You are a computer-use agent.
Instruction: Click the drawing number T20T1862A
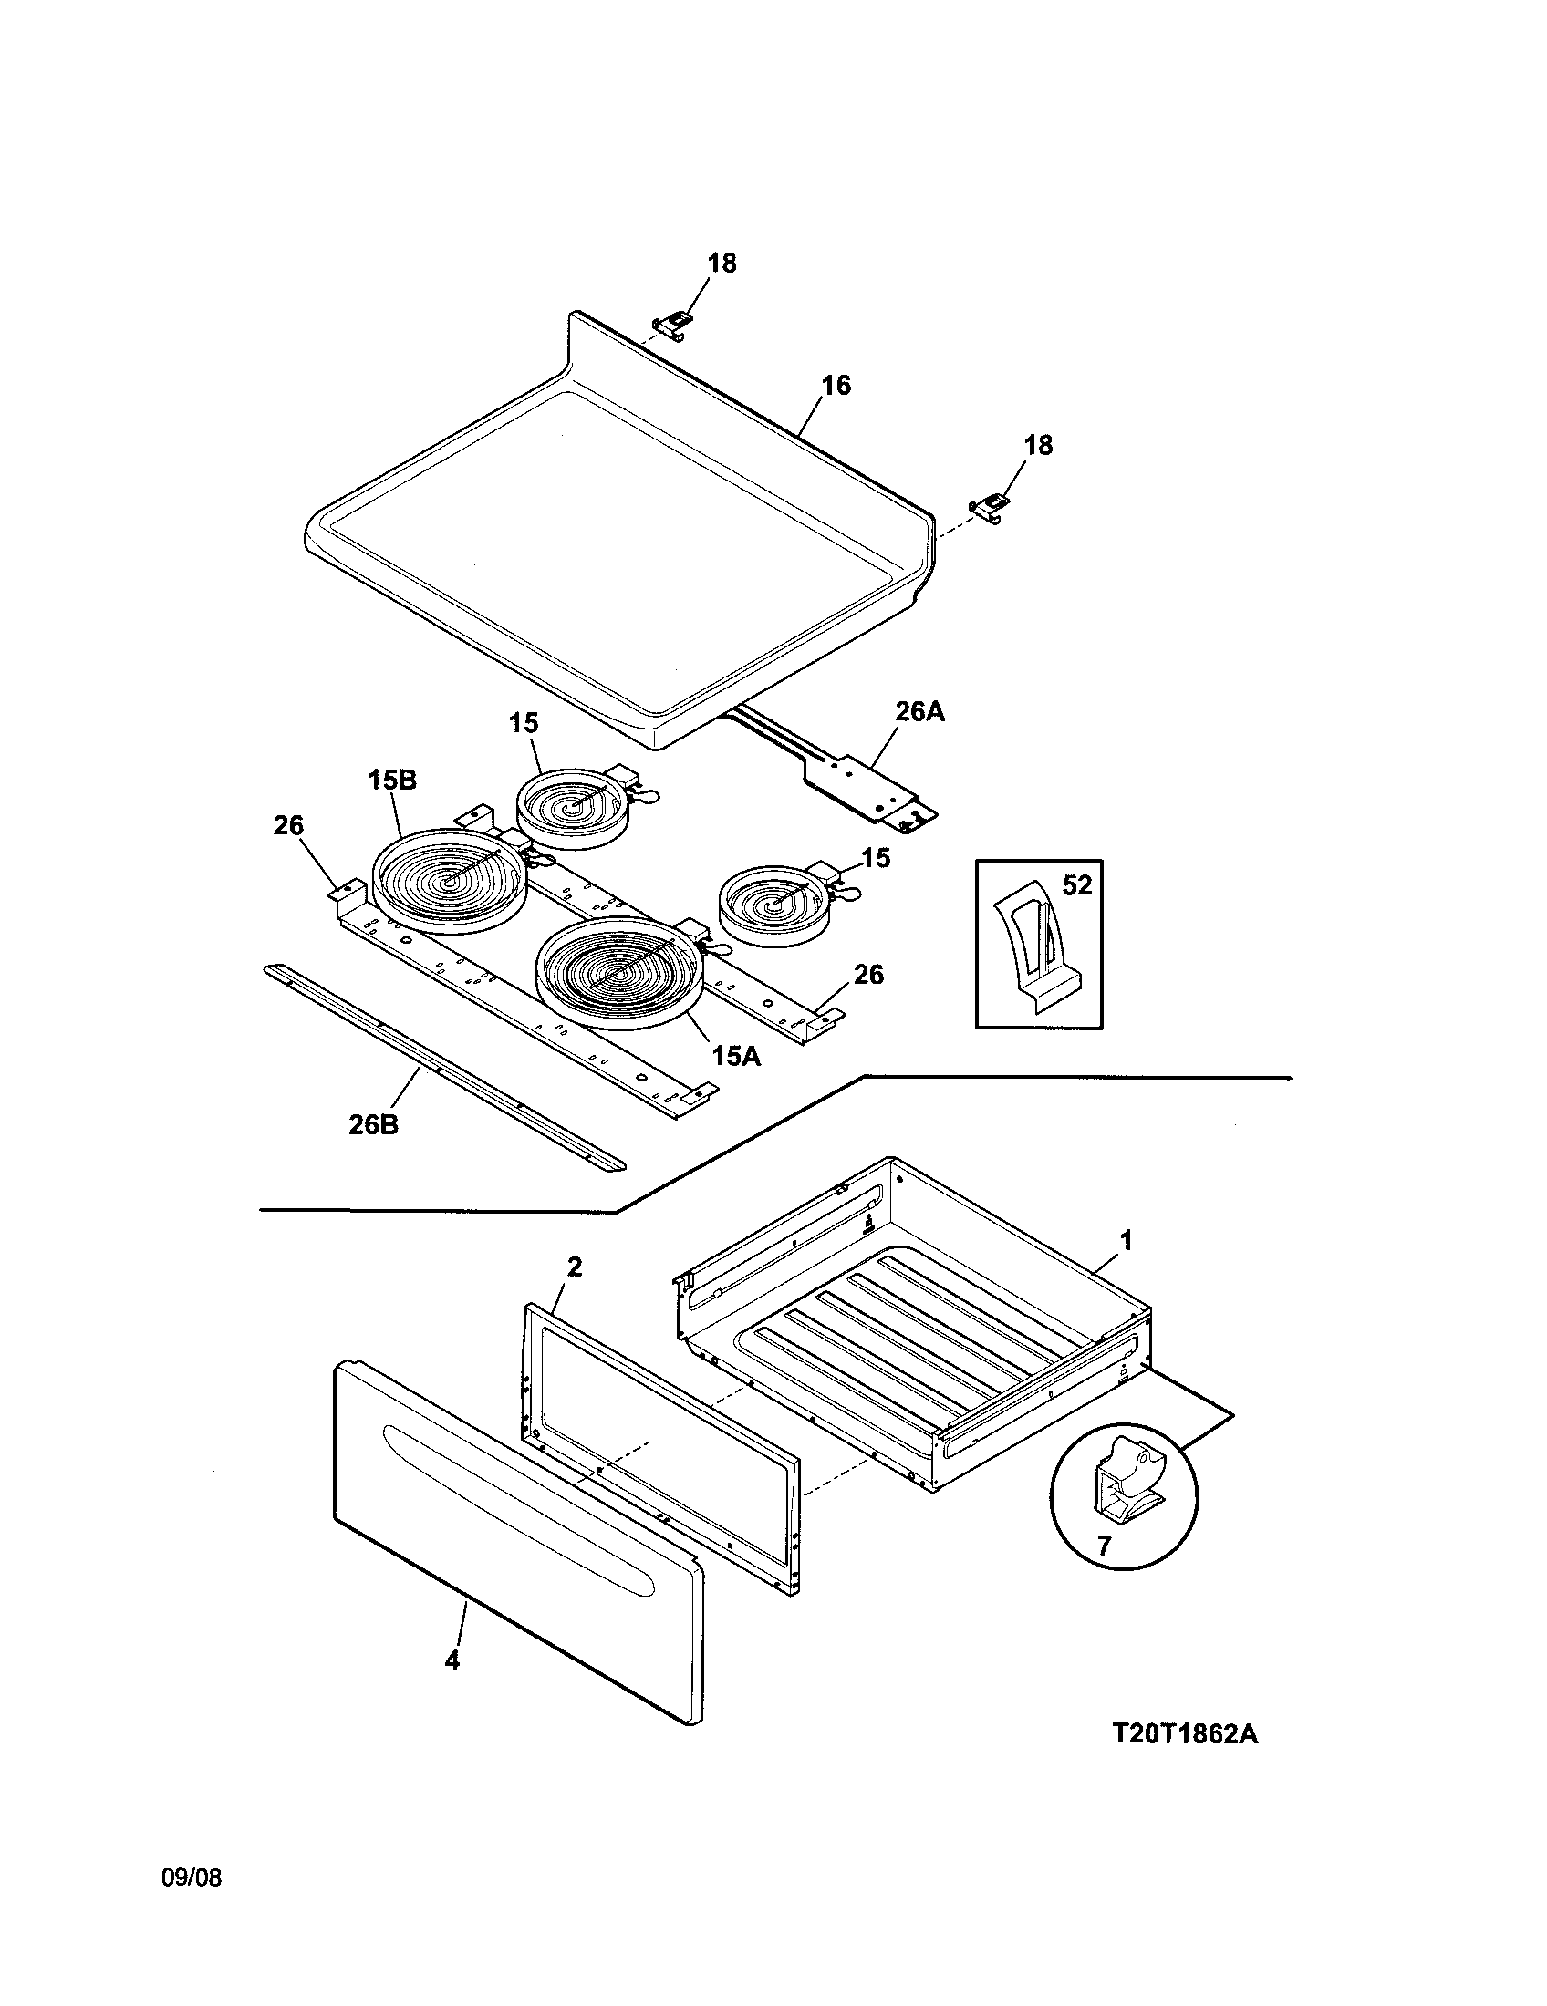tap(1184, 1734)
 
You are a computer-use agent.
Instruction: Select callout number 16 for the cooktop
tap(835, 386)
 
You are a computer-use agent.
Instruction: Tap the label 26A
tap(919, 712)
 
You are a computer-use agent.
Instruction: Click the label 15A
tap(736, 1056)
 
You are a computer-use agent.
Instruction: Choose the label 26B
tap(373, 1124)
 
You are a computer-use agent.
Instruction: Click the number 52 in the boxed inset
tap(1076, 885)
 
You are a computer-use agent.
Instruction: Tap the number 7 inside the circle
tap(1104, 1545)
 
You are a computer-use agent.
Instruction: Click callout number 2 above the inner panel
tap(574, 1267)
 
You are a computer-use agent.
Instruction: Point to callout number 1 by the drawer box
tap(1127, 1241)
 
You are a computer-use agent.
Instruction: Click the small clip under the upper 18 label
tap(672, 323)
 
